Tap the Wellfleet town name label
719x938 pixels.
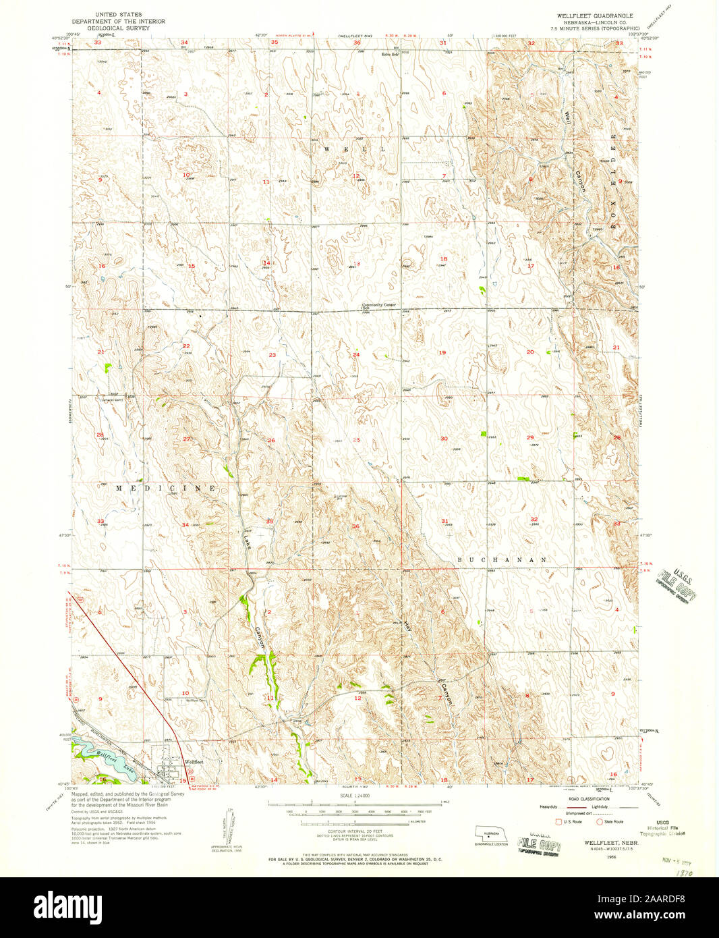point(194,762)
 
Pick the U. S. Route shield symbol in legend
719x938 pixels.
point(557,821)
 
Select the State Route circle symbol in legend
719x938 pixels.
point(598,821)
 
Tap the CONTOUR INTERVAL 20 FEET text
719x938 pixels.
point(355,831)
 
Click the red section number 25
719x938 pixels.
point(356,439)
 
